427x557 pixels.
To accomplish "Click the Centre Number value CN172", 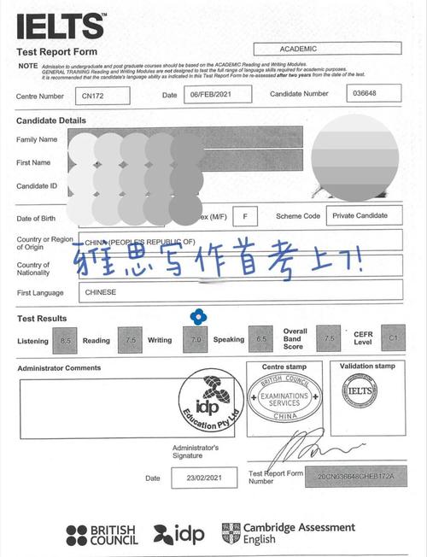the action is [102, 95].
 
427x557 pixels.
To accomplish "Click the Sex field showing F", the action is [245, 217].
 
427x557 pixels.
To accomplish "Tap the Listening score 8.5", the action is [66, 340].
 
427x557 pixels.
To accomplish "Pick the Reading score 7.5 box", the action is [128, 340].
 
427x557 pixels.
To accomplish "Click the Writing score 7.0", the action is [196, 340].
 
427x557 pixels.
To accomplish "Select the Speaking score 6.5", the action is [258, 340].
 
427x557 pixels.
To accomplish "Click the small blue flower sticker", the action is [197, 316].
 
